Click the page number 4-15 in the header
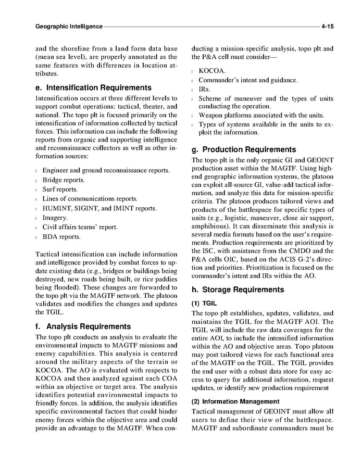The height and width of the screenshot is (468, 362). pyautogui.click(x=327, y=25)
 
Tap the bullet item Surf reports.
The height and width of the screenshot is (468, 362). pyautogui.click(x=60, y=189)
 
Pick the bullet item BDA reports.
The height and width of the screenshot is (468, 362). pyautogui.click(x=61, y=237)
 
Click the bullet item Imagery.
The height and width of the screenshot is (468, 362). pyautogui.click(x=55, y=218)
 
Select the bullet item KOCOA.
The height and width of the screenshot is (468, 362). pyautogui.click(x=212, y=70)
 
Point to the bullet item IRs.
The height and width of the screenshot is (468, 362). pyautogui.click(x=204, y=89)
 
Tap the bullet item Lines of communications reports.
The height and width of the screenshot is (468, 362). pyautogui.click(x=90, y=199)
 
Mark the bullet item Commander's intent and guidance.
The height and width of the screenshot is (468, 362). pyautogui.click(x=248, y=80)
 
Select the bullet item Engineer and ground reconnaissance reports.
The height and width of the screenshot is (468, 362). pyautogui.click(x=106, y=170)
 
